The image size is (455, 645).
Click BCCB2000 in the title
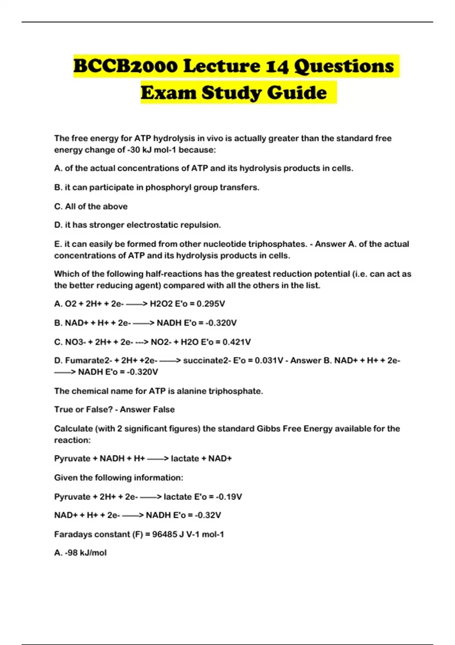125,66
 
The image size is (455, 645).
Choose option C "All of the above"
91,206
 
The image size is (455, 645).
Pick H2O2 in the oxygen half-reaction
161,304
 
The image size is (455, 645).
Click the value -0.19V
229,497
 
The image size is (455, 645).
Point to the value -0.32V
207,515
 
